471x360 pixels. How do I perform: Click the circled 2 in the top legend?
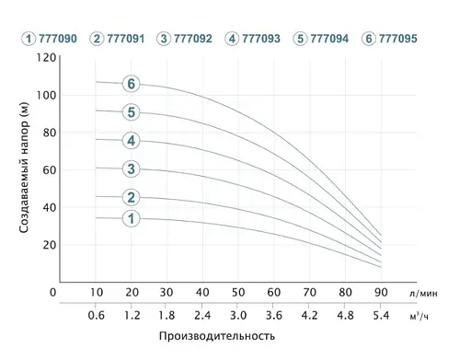[97, 39]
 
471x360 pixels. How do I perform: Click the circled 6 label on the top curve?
[132, 84]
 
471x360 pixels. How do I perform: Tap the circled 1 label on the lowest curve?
[132, 218]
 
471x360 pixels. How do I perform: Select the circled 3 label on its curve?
[132, 168]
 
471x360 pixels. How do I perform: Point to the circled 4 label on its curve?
[132, 141]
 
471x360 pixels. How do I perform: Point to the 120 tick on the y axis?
[45, 57]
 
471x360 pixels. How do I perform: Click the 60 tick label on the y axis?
[49, 170]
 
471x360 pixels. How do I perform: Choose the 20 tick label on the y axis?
[49, 246]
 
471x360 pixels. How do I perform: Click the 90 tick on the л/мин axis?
[380, 293]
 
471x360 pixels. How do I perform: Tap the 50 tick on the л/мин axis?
[237, 293]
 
